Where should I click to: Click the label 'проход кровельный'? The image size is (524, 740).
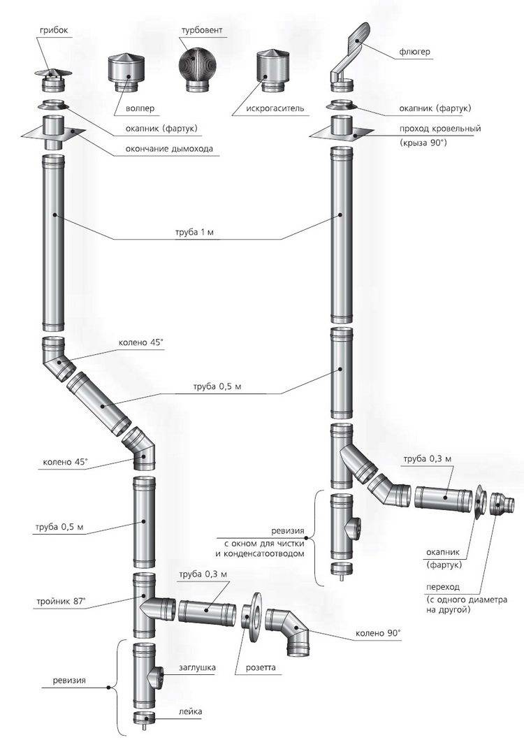(439, 129)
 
